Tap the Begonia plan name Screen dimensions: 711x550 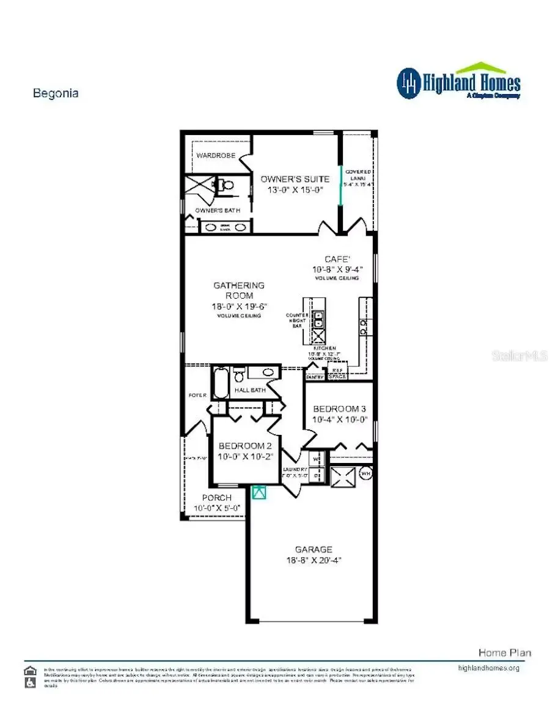55,93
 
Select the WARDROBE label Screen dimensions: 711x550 216,156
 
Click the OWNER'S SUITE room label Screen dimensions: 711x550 295,179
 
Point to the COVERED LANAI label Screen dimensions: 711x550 358,177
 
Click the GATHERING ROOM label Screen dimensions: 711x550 239,290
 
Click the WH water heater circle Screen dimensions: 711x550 365,473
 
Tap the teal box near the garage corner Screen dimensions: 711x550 259,492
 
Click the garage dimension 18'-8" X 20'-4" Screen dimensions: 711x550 314,560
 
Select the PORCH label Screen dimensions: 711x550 217,498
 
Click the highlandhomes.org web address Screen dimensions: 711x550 488,668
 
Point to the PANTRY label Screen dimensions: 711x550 315,377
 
